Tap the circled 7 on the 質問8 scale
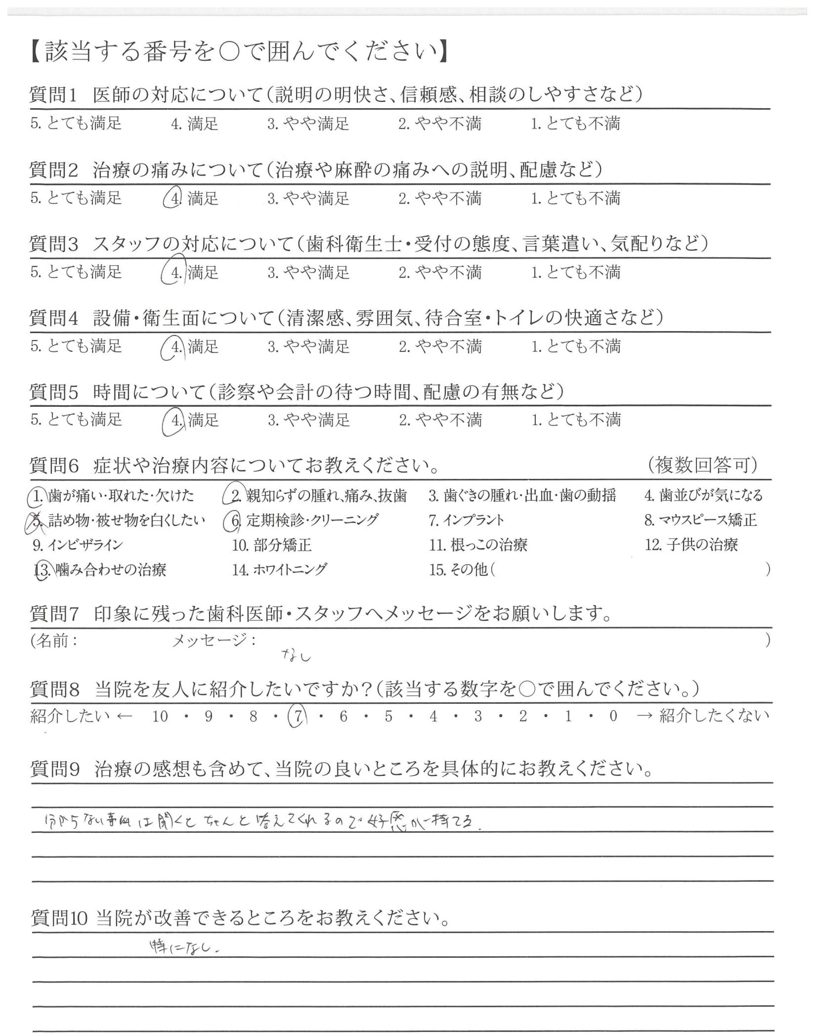click(x=298, y=717)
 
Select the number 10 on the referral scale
click(x=160, y=717)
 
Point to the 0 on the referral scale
click(x=613, y=717)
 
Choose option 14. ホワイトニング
click(x=280, y=570)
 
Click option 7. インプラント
click(x=467, y=520)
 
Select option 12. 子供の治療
click(x=691, y=545)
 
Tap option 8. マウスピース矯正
click(x=701, y=520)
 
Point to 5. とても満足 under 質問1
click(x=76, y=124)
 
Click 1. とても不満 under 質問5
click(x=576, y=420)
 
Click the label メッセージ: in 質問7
click(x=214, y=640)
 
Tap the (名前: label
click(x=54, y=640)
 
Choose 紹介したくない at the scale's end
click(x=714, y=717)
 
